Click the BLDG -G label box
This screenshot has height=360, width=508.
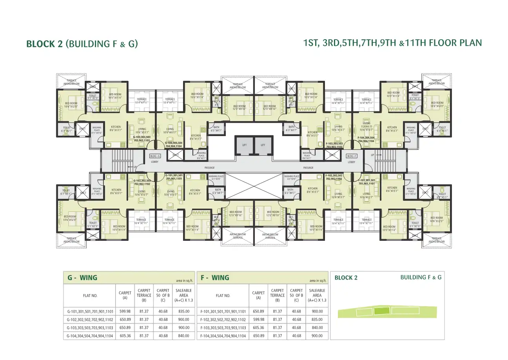155,156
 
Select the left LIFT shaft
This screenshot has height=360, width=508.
245,145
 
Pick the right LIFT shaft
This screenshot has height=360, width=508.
263,145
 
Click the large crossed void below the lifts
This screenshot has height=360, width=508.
254,186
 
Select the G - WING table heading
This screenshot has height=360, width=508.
82,278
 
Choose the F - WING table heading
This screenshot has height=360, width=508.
215,278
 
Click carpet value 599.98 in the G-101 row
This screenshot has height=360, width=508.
125,311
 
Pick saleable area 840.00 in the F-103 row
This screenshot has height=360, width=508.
317,328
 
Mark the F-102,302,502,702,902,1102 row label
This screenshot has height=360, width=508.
223,320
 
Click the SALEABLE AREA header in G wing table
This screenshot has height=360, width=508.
184,295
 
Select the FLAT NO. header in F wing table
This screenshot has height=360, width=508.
223,296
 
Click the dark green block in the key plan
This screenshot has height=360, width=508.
382,311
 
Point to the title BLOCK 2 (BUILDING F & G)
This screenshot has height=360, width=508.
82,44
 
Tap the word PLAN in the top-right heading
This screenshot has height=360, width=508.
470,43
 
